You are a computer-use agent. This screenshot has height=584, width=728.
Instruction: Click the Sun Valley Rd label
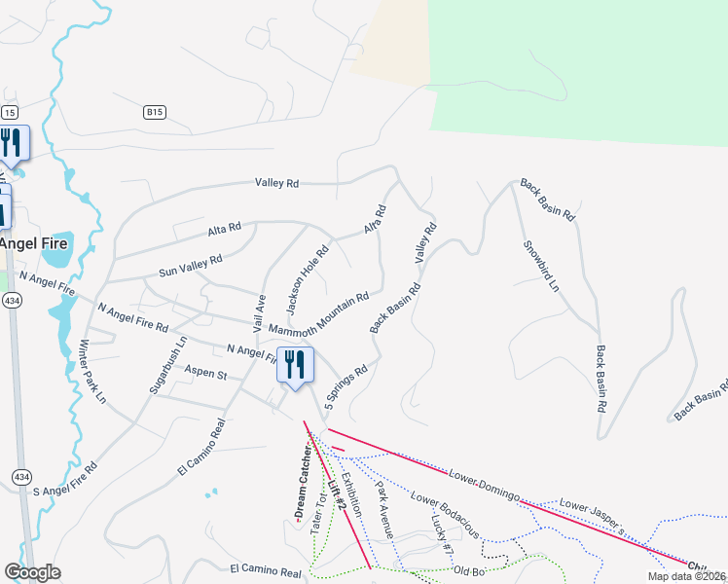coord(191,262)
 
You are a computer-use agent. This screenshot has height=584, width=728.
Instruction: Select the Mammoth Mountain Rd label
coord(319,313)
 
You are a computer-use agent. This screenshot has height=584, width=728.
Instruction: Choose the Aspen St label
coord(206,374)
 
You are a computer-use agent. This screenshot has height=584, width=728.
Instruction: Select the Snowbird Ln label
coord(541,267)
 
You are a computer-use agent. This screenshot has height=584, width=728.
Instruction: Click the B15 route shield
coord(153,113)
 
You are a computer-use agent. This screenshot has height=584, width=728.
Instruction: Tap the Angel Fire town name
coord(34,242)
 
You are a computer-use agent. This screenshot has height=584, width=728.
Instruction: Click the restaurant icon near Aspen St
coord(294,365)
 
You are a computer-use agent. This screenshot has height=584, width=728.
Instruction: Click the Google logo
coord(32,572)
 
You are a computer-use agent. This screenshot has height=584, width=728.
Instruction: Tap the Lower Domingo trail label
coord(483,484)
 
